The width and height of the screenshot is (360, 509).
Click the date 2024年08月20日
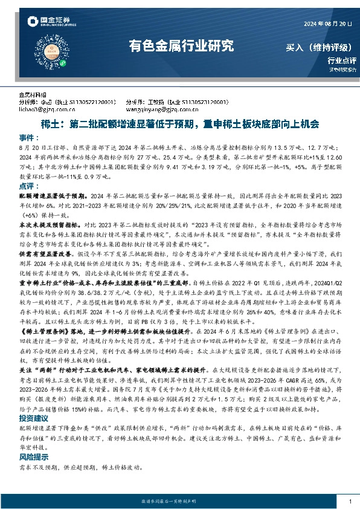click(x=325, y=24)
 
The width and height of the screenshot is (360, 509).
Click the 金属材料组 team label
click(x=32, y=95)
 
